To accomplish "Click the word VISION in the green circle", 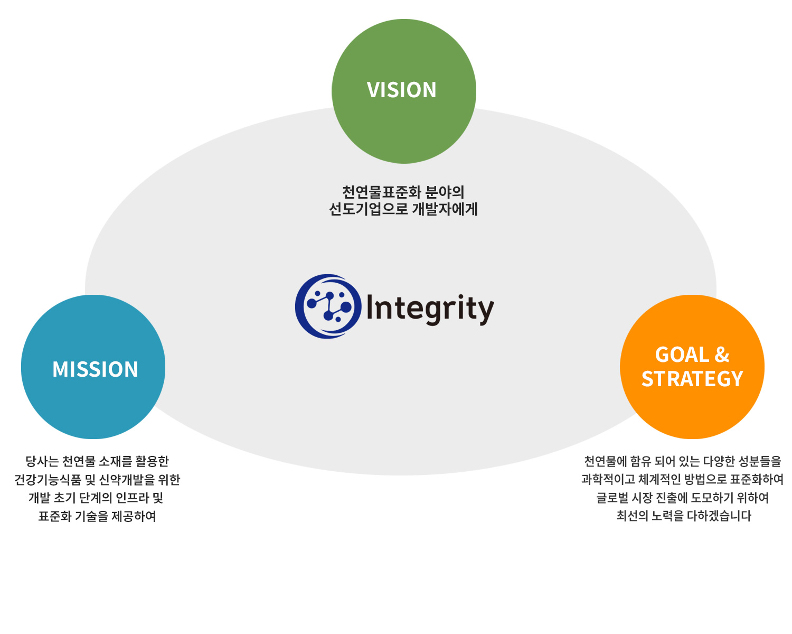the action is tap(401, 90).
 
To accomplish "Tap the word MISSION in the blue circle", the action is tap(95, 369).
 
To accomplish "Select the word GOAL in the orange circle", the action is tap(682, 355).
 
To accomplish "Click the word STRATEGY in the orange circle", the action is tap(692, 379).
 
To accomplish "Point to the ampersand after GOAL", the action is tap(722, 355).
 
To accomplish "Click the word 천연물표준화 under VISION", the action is tap(382, 192).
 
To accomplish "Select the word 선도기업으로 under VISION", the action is tap(369, 209).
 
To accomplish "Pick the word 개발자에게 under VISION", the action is tap(445, 209).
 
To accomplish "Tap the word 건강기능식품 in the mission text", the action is tap(48, 480).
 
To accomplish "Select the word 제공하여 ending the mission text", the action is tap(134, 517).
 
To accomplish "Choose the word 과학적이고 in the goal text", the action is tap(608, 480).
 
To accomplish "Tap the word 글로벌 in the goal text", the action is tap(612, 498).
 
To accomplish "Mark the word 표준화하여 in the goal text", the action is tap(757, 480).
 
